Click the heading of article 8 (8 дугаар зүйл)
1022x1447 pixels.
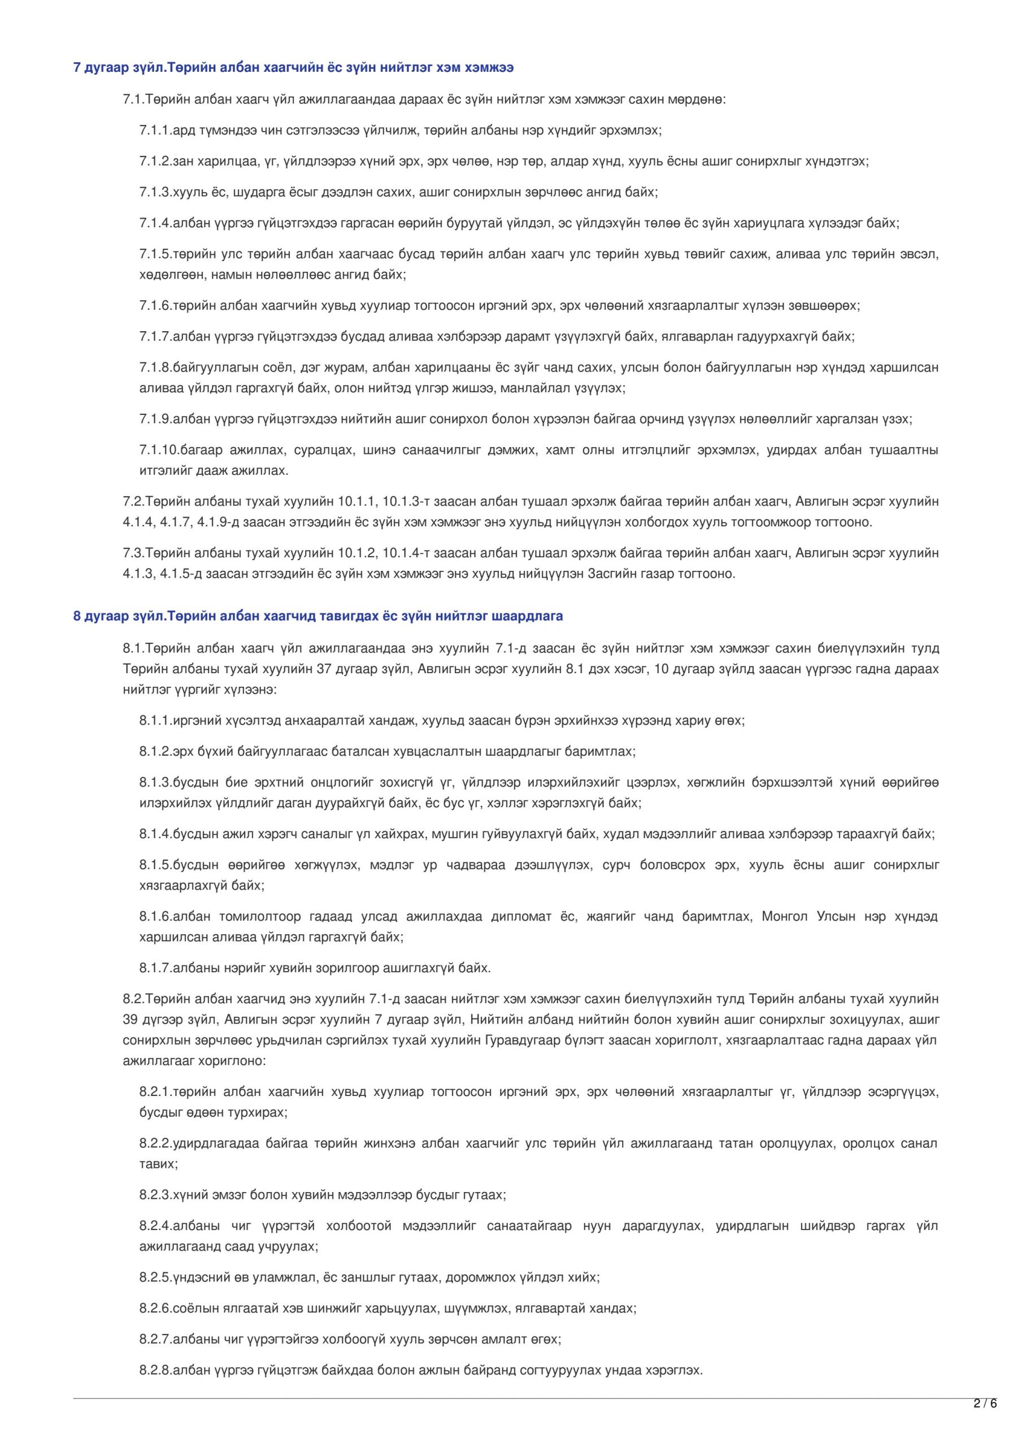(318, 616)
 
